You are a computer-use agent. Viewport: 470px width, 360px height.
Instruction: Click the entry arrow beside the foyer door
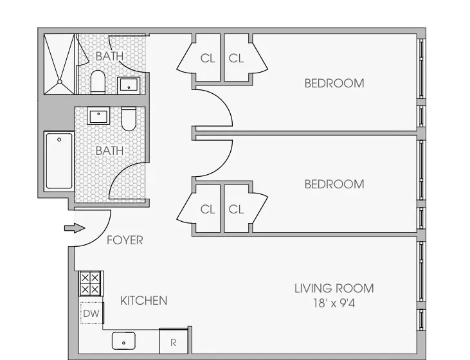[75, 228]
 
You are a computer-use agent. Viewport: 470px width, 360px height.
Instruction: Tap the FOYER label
[125, 240]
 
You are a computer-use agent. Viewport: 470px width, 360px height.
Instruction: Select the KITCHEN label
[144, 300]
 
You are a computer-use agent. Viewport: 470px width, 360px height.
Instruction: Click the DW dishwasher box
[91, 314]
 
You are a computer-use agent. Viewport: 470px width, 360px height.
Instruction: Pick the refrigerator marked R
[173, 343]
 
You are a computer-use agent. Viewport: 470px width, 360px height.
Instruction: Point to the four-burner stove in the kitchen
[89, 283]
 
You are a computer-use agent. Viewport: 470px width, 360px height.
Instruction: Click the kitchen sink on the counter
[123, 339]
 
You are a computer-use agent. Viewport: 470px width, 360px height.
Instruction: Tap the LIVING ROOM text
[334, 288]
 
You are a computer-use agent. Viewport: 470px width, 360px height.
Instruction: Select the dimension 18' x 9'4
[334, 304]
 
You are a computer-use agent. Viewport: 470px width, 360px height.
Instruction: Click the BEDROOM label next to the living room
[334, 184]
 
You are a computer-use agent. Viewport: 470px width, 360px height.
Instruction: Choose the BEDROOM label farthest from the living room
[334, 83]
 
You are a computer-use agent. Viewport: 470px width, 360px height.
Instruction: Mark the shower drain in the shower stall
[60, 82]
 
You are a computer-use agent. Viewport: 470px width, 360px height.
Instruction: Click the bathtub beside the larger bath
[59, 160]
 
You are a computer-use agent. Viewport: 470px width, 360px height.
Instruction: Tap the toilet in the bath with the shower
[98, 82]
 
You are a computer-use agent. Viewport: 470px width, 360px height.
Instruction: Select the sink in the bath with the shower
[129, 84]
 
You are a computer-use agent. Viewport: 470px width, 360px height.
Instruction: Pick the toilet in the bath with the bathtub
[129, 118]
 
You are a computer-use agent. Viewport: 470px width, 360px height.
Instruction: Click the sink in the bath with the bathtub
[98, 116]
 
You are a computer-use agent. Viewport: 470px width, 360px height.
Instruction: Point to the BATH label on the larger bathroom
[109, 150]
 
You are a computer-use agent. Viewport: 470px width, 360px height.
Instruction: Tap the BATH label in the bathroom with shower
[109, 56]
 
